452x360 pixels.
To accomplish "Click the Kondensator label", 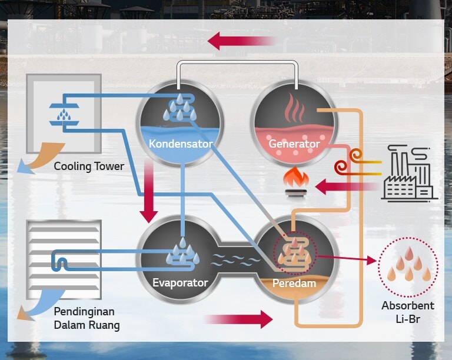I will click(180, 144).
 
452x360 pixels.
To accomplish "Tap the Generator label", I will click(294, 144).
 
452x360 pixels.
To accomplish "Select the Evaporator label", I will click(180, 283).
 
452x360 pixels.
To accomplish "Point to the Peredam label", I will click(294, 284).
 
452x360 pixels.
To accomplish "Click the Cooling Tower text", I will click(89, 166).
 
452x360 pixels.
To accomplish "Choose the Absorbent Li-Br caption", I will click(407, 312).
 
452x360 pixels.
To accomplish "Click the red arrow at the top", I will click(241, 41).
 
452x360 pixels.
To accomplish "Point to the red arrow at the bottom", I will click(238, 319).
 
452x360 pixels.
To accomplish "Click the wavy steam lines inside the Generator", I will click(294, 108).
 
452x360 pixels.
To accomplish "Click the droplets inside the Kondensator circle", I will click(180, 108).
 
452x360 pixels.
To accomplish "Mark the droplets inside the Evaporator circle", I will click(182, 254).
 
